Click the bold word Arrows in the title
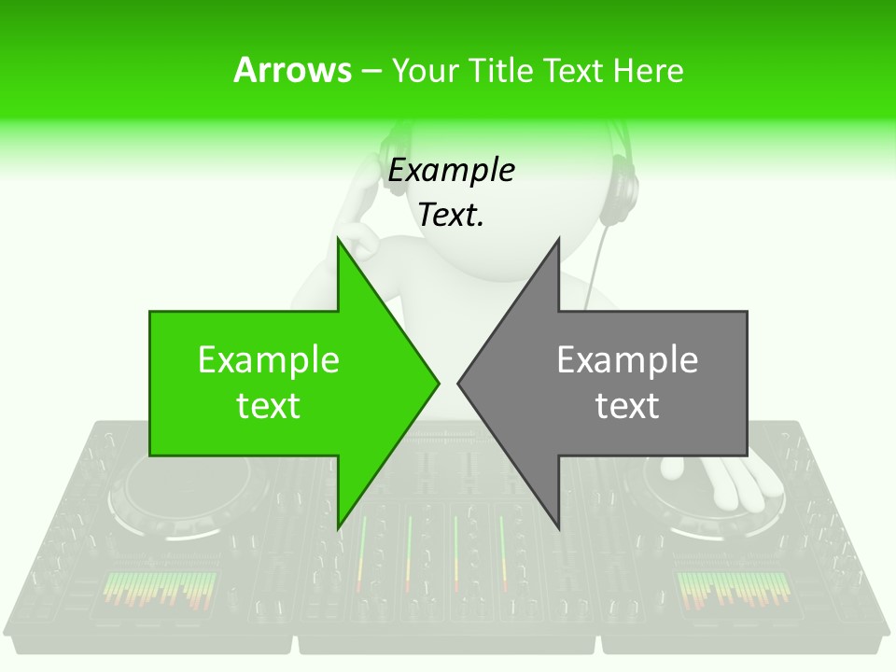click(x=292, y=70)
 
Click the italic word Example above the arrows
click(x=451, y=171)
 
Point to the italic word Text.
click(x=451, y=215)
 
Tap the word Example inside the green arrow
click(x=269, y=360)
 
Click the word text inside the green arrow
click(x=269, y=406)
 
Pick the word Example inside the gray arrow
click(x=627, y=360)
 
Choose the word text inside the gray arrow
click(x=627, y=406)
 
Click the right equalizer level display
click(x=733, y=590)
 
